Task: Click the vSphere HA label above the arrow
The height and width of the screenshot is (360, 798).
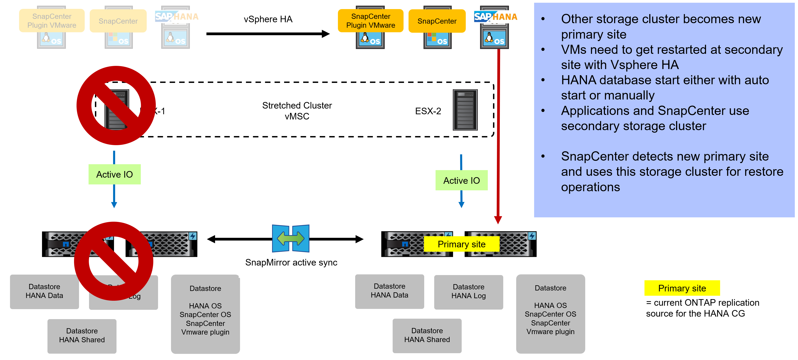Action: [x=268, y=19]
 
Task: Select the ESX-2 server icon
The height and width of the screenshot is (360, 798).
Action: [x=465, y=110]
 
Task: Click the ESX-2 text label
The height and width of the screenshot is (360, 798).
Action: [x=428, y=111]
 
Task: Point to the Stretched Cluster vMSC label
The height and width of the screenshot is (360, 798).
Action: [x=297, y=111]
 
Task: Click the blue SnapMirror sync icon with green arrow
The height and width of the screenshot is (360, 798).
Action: [x=291, y=238]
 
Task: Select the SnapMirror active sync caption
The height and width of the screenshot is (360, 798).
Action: [x=291, y=262]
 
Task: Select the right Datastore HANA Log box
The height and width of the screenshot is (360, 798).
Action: [x=468, y=292]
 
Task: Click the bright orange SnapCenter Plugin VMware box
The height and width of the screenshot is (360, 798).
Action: [x=371, y=21]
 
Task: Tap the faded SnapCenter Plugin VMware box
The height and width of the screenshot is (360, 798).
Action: [x=52, y=21]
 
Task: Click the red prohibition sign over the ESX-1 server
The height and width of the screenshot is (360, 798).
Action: [x=116, y=105]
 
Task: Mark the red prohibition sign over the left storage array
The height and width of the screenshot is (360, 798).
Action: [x=114, y=261]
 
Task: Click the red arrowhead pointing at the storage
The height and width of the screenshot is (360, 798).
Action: [x=498, y=220]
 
